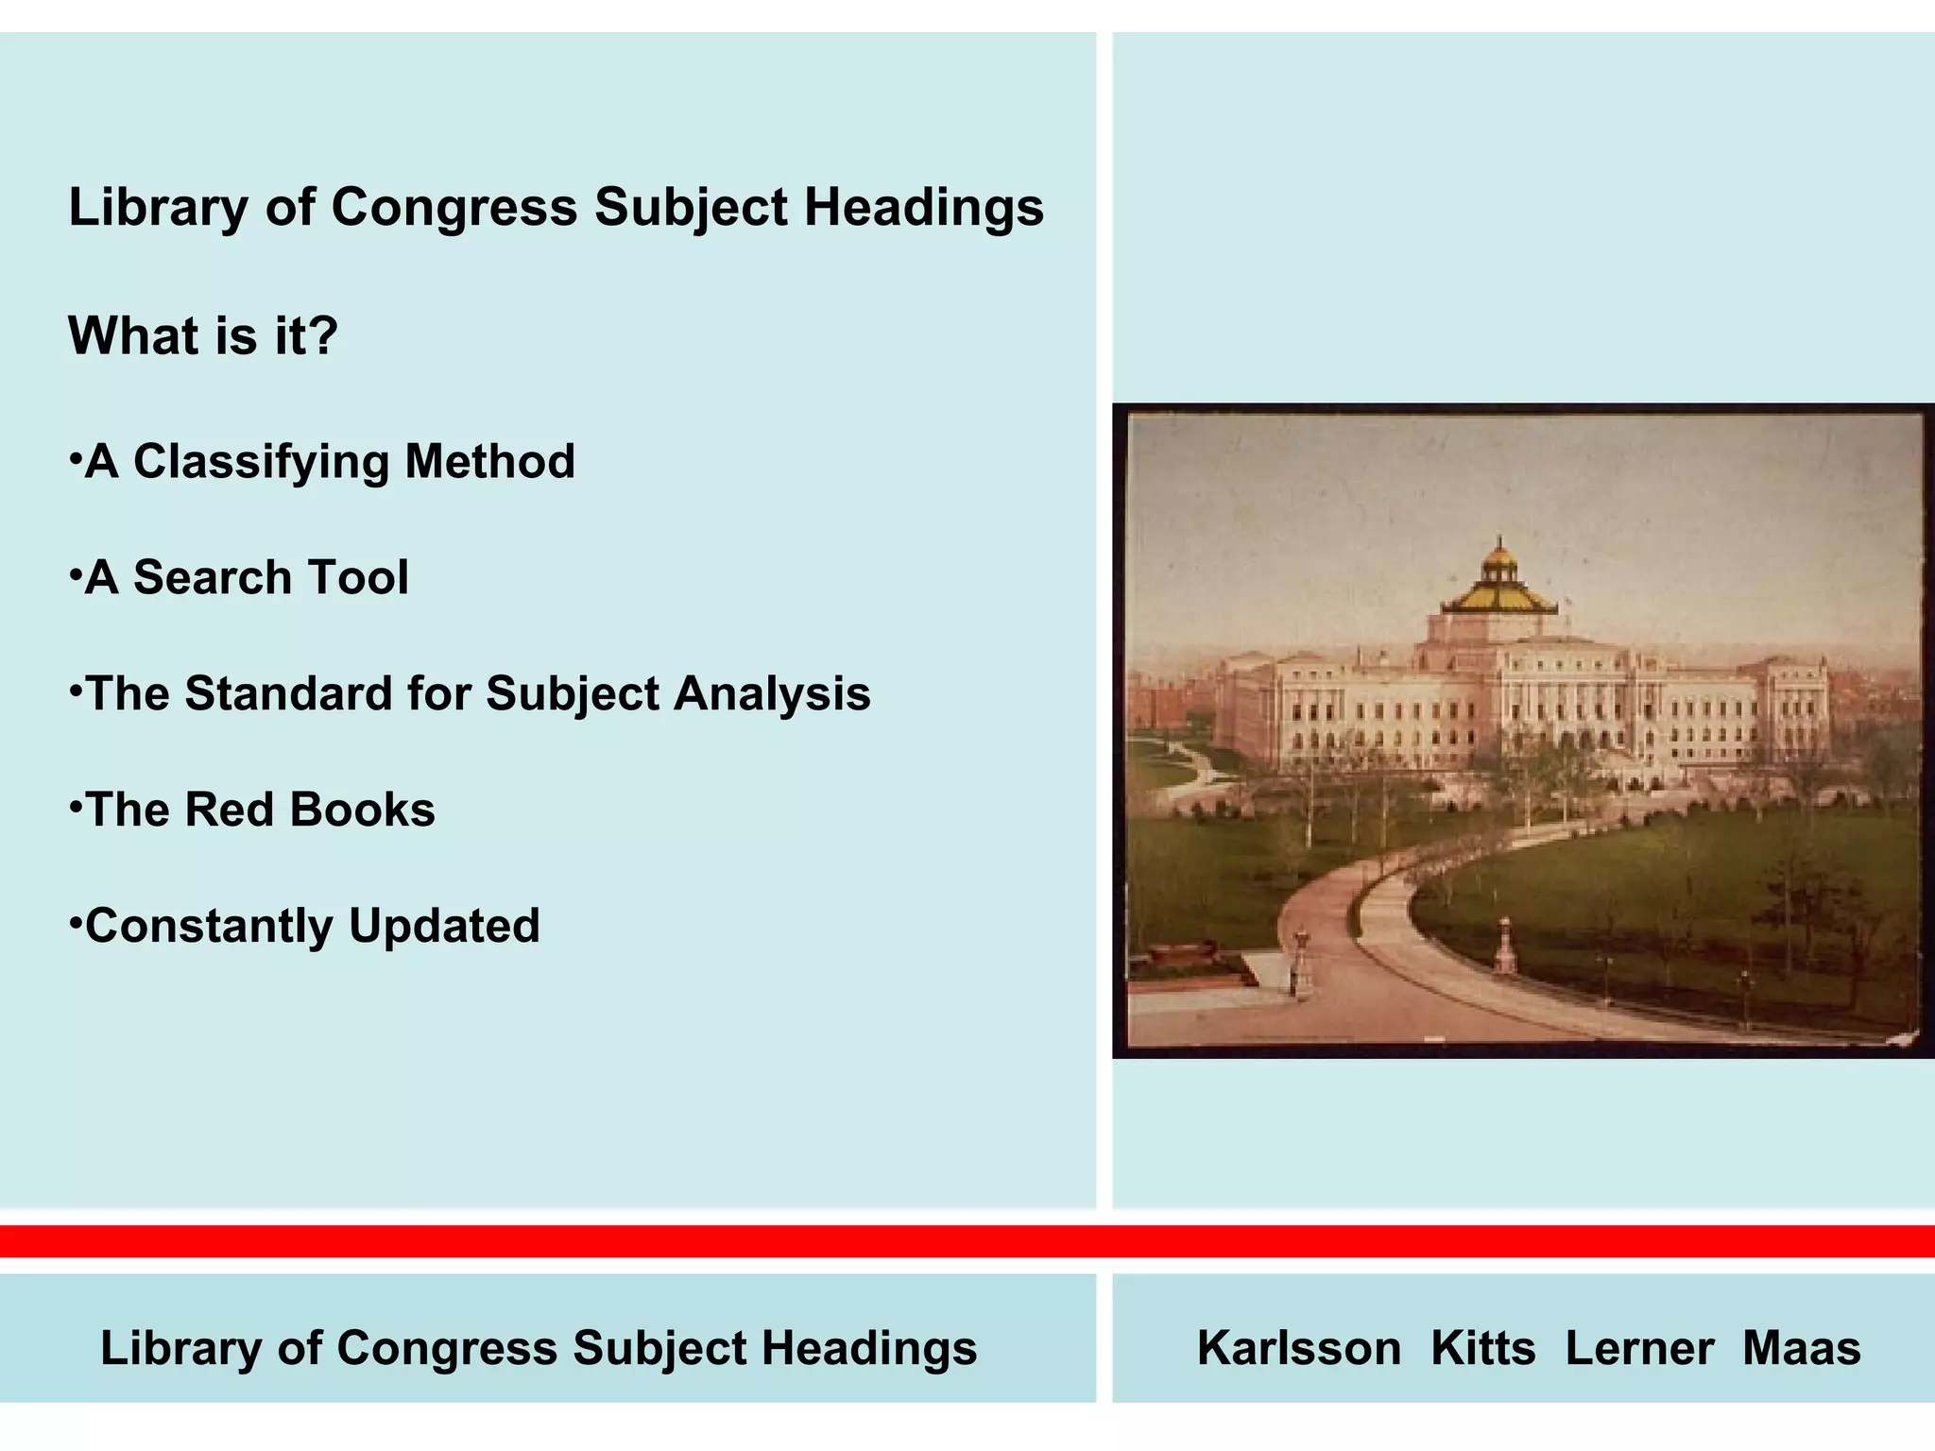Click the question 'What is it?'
click(203, 335)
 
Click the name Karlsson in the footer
click(1298, 1348)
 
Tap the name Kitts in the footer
click(1482, 1348)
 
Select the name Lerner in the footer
click(1639, 1348)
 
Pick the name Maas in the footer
click(1801, 1348)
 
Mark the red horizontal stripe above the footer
click(967, 1241)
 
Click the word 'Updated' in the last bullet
click(444, 926)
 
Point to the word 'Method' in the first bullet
click(489, 462)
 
